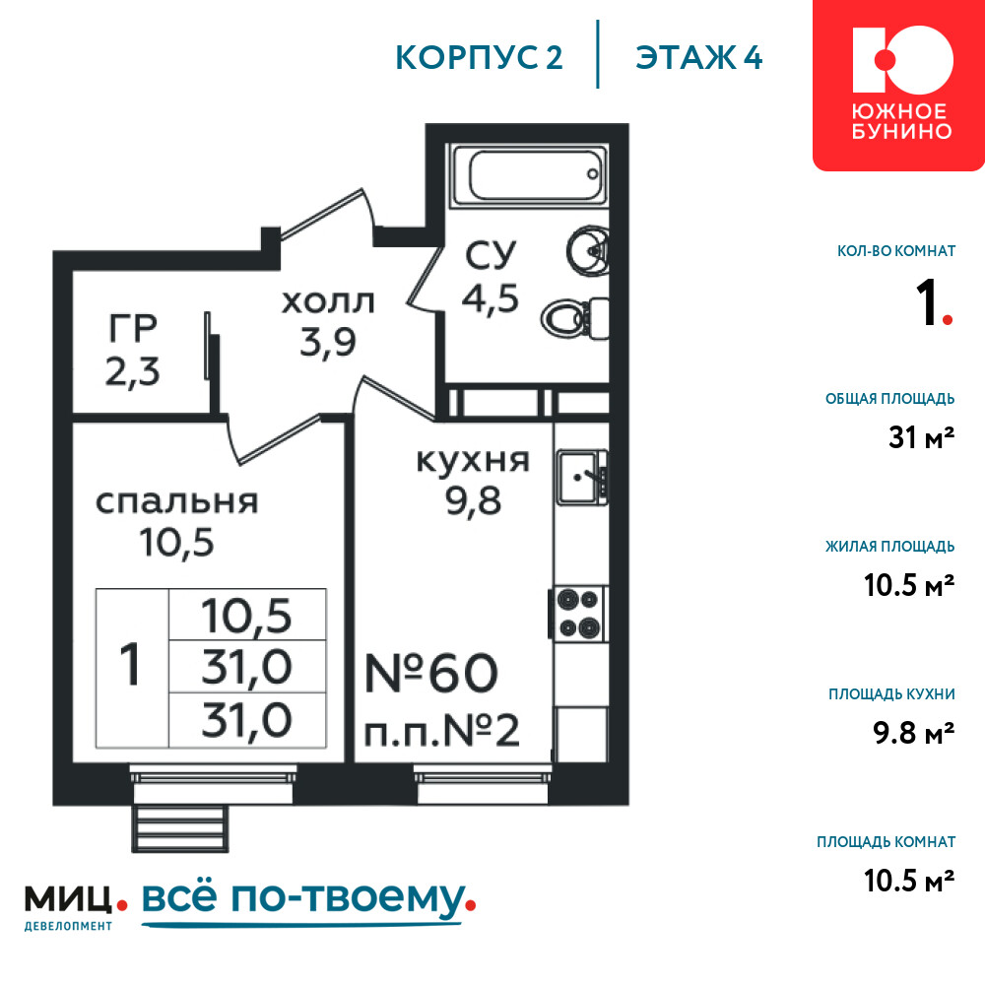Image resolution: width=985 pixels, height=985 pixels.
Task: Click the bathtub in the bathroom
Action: [x=530, y=174]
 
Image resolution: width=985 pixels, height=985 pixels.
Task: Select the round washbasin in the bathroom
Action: [x=588, y=250]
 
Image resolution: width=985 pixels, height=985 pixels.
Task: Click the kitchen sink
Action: [x=582, y=477]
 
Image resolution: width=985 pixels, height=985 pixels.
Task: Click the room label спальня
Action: [x=177, y=502]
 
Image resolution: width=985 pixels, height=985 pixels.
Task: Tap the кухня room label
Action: [x=473, y=460]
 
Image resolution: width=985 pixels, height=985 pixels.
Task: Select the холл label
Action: [x=328, y=302]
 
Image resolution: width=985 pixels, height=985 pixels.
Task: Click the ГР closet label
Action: [x=133, y=328]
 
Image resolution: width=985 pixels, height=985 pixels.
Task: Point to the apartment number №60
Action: [x=431, y=673]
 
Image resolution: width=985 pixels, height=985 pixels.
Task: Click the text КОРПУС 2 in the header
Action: [x=479, y=58]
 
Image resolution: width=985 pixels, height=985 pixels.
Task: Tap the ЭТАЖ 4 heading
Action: [x=698, y=58]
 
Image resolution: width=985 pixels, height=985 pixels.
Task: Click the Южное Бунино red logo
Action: [x=898, y=84]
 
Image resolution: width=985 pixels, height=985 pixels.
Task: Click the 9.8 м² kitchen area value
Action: [x=914, y=733]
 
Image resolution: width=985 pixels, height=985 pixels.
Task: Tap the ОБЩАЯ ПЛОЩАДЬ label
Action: [x=890, y=399]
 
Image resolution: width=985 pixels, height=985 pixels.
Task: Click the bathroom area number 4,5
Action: [x=491, y=297]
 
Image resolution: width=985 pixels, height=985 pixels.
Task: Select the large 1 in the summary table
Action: [x=130, y=665]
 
